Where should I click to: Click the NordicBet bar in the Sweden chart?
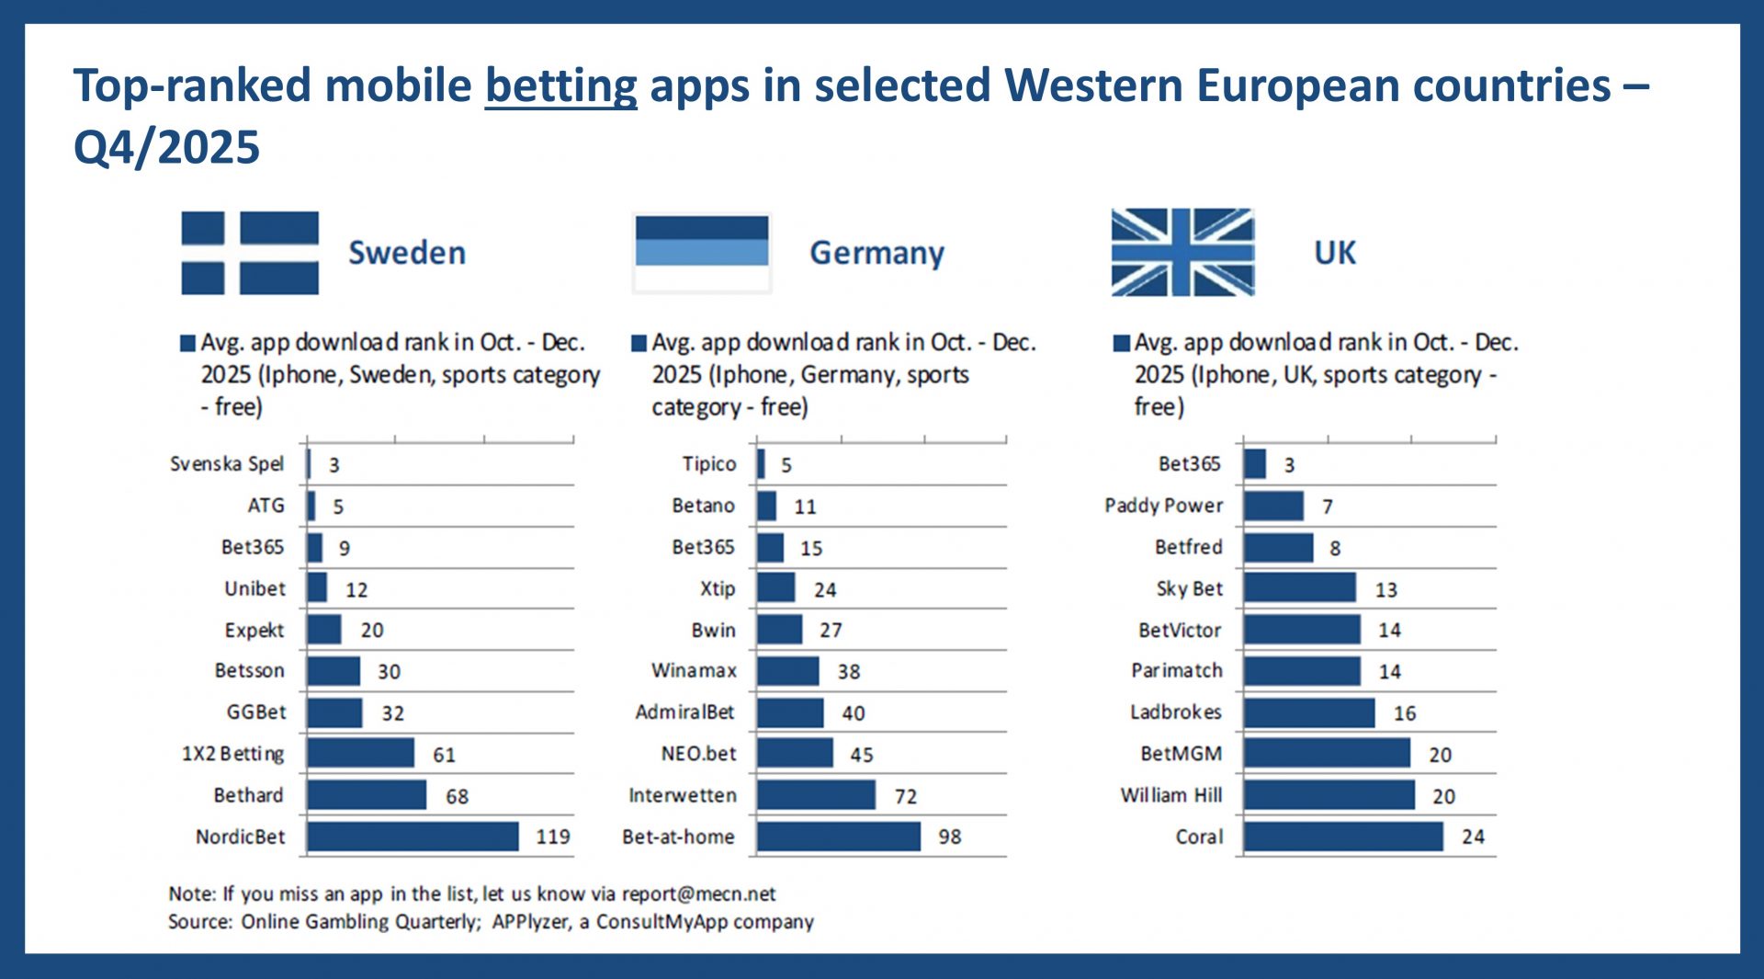tap(413, 837)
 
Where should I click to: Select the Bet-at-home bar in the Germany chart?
tap(838, 837)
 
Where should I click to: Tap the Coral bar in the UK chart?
tap(1343, 837)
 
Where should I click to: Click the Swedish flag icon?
tap(250, 253)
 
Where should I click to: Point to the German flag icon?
tap(702, 253)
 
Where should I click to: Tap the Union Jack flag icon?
tap(1182, 253)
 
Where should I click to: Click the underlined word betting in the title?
tap(560, 85)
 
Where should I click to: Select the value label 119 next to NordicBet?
tap(553, 837)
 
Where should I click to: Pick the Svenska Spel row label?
tap(227, 464)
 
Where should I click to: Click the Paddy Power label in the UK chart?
tap(1163, 506)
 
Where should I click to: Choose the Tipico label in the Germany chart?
tap(708, 464)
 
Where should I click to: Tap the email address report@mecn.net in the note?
tap(698, 894)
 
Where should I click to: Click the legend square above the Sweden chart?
tap(188, 344)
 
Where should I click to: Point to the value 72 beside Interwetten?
tap(906, 796)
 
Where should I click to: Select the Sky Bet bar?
tap(1299, 588)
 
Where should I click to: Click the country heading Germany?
tap(876, 253)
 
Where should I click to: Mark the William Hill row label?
tap(1170, 795)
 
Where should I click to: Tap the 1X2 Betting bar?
tap(360, 754)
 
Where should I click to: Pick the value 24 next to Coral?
tap(1473, 837)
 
